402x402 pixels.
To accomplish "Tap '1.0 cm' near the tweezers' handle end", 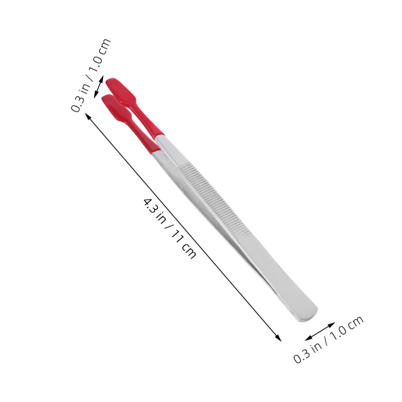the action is pyautogui.click(x=348, y=329).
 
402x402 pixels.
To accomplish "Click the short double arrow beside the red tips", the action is pyautogui.click(x=99, y=86).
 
